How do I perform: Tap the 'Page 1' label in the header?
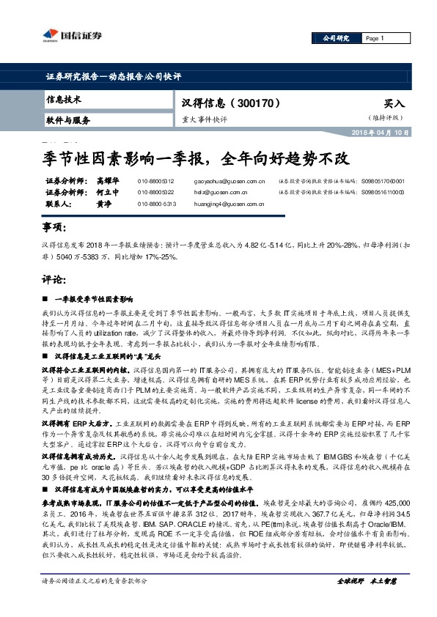tap(374, 38)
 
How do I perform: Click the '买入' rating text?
tap(394, 104)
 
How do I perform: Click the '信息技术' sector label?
tap(64, 99)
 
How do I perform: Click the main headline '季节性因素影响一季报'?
tap(117, 156)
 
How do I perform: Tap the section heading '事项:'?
tap(54, 229)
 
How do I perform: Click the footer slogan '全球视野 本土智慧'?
tap(366, 601)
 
